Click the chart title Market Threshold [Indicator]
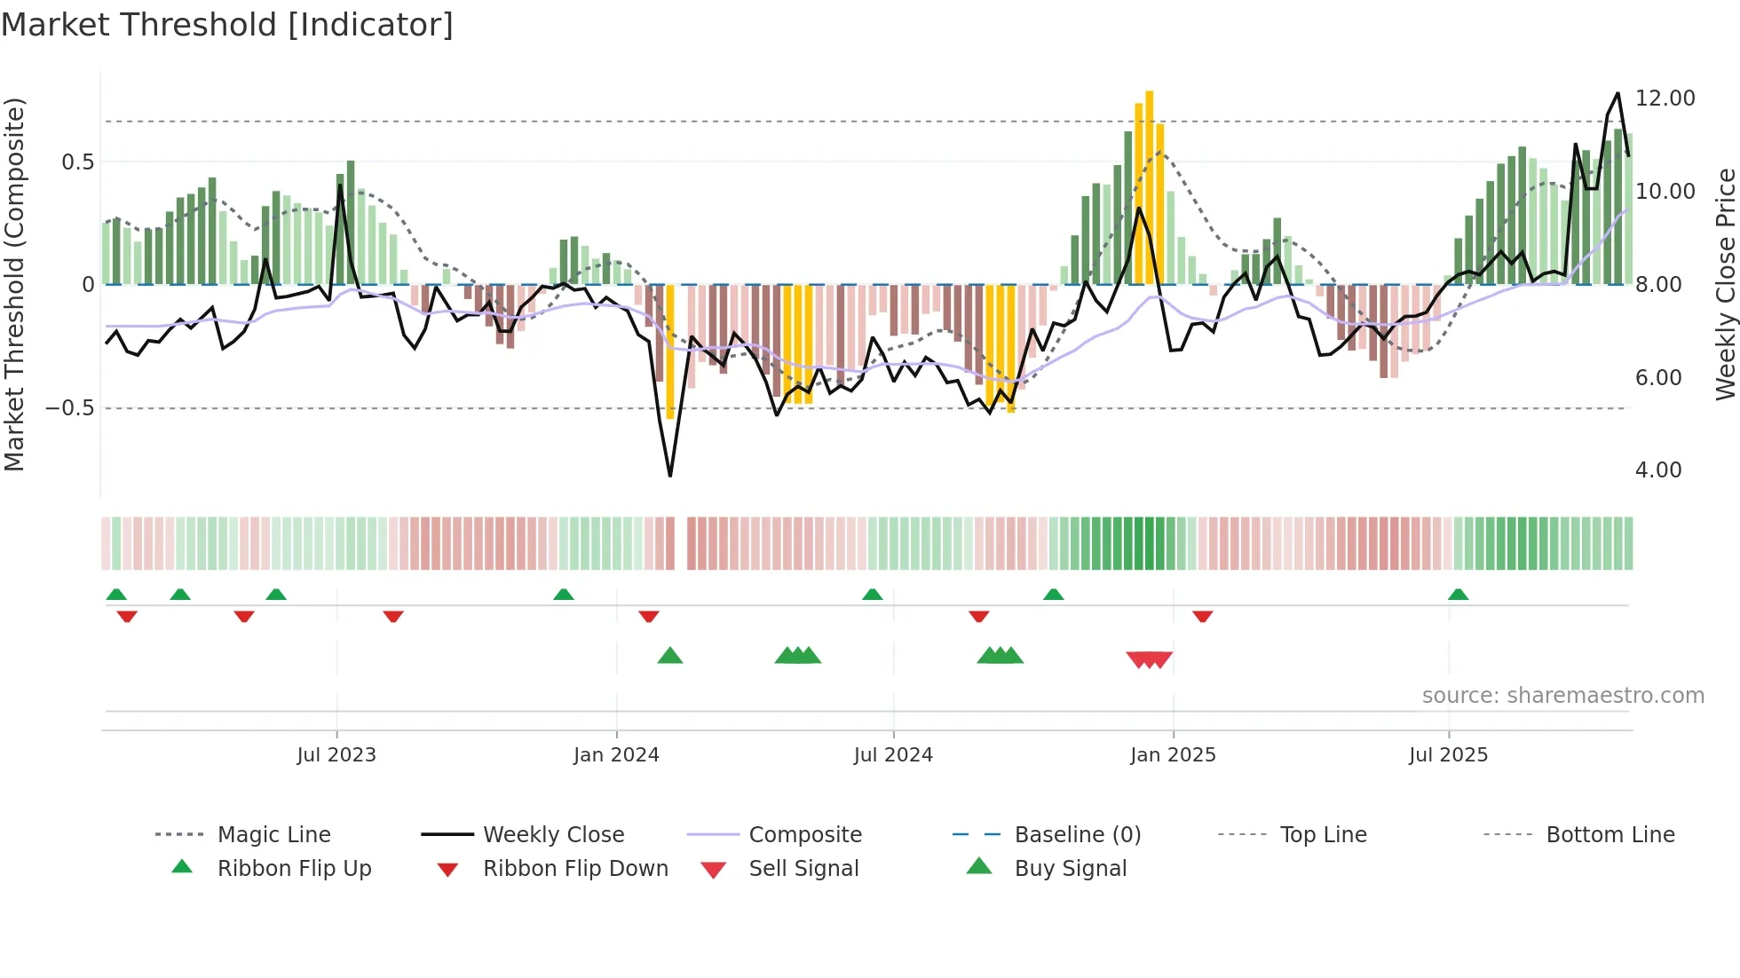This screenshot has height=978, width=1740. [x=227, y=25]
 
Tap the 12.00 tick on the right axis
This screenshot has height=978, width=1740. [x=1665, y=99]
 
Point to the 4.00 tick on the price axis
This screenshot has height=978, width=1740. [x=1657, y=470]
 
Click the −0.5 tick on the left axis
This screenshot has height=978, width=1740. [x=70, y=408]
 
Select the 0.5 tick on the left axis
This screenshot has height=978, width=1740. [x=77, y=162]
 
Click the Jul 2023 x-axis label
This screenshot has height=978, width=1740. [x=336, y=755]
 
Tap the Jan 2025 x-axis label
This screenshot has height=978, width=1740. [x=1173, y=755]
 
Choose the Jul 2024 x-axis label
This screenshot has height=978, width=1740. [x=893, y=755]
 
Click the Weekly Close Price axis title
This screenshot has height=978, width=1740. [x=1725, y=284]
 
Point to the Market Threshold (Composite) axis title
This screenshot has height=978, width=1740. [x=14, y=284]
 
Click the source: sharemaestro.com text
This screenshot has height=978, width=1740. [x=1562, y=696]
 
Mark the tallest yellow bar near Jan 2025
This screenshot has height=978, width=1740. [x=1150, y=186]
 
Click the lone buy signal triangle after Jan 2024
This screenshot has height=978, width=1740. [x=670, y=656]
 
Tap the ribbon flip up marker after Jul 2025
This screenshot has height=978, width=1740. [x=1458, y=595]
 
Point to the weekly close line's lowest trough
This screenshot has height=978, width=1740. [x=670, y=476]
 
